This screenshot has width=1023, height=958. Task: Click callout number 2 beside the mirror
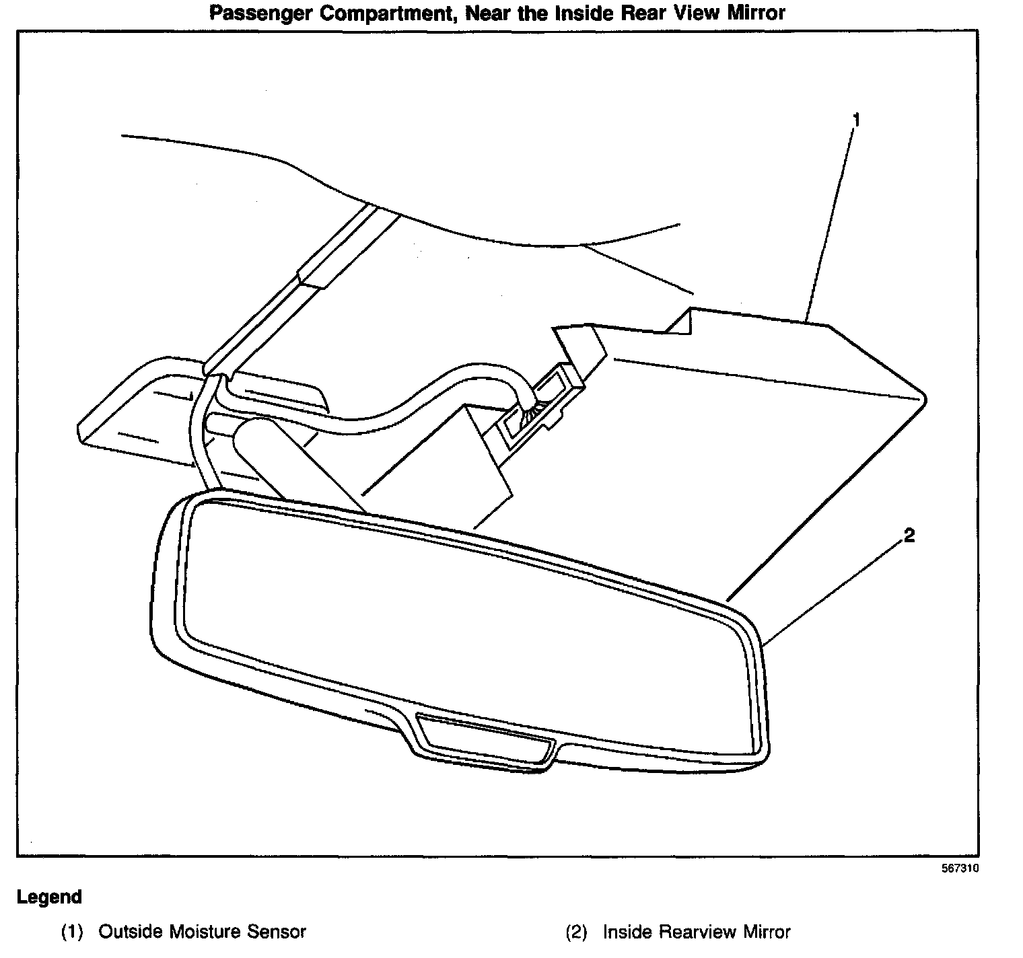909,536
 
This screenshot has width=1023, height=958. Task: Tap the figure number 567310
960,869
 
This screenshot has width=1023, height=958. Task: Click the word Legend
49,897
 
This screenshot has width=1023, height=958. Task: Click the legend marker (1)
72,932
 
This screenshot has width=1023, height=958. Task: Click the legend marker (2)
576,932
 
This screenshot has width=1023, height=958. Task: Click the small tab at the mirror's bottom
483,739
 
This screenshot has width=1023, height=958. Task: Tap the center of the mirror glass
464,619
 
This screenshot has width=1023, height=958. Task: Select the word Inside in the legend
627,932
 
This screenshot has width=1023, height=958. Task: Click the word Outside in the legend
130,932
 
